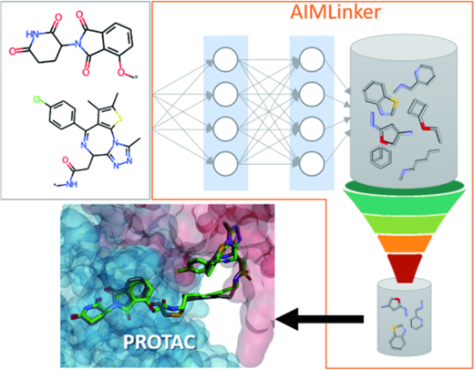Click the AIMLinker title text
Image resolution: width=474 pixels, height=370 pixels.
[x=335, y=12]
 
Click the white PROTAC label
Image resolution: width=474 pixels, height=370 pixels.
[x=160, y=343]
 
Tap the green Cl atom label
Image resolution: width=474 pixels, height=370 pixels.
[x=38, y=99]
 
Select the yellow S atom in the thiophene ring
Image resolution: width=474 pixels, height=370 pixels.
[x=120, y=118]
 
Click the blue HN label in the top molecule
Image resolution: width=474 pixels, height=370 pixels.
[x=33, y=35]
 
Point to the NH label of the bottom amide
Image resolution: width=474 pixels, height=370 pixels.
[x=71, y=183]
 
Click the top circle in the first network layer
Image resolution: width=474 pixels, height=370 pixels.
[x=225, y=59]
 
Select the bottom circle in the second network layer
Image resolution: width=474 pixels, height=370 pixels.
[x=312, y=163]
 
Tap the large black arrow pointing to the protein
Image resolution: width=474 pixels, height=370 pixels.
[x=320, y=319]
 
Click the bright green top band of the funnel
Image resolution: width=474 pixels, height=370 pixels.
[x=404, y=201]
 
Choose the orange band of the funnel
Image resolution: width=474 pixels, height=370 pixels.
[x=404, y=243]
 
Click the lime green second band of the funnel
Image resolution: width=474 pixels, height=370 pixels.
[x=404, y=224]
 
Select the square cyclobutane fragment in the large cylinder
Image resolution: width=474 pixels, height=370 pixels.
[x=418, y=109]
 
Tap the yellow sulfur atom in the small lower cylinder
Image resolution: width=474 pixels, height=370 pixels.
[x=395, y=329]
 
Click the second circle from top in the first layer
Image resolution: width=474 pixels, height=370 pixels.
[x=225, y=94]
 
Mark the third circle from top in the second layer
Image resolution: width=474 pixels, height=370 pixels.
[x=312, y=128]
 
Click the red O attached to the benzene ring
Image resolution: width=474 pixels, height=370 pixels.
[x=121, y=72]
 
